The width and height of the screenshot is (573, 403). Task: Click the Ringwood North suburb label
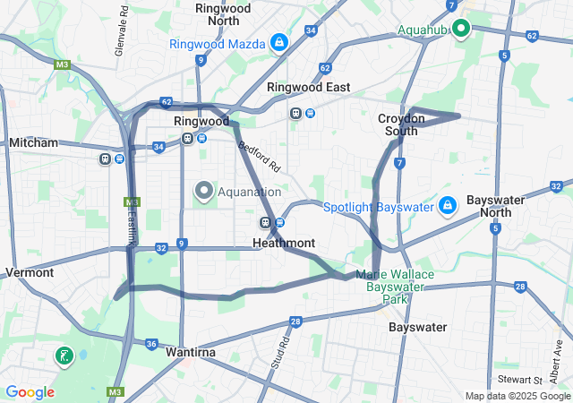pyautogui.click(x=222, y=13)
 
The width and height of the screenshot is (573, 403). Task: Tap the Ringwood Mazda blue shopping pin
pyautogui.click(x=279, y=42)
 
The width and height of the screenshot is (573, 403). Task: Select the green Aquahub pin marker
pyautogui.click(x=461, y=29)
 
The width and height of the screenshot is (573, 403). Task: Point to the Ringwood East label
pyautogui.click(x=309, y=88)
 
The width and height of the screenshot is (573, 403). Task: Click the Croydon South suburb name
pyautogui.click(x=398, y=124)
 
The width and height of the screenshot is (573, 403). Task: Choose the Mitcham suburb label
pyautogui.click(x=33, y=142)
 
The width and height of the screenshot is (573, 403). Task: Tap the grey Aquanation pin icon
pyautogui.click(x=203, y=191)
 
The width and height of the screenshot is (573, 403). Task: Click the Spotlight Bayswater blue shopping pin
pyautogui.click(x=447, y=206)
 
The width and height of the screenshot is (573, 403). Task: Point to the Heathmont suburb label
pyautogui.click(x=283, y=243)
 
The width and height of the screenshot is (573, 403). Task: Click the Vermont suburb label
pyautogui.click(x=30, y=272)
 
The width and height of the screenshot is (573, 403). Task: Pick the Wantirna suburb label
pyautogui.click(x=190, y=353)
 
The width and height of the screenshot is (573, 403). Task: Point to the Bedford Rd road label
pyautogui.click(x=260, y=154)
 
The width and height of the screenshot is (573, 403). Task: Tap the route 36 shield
pyautogui.click(x=150, y=344)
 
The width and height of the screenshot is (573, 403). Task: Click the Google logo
pyautogui.click(x=30, y=392)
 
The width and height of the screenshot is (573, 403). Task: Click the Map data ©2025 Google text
pyautogui.click(x=517, y=397)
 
